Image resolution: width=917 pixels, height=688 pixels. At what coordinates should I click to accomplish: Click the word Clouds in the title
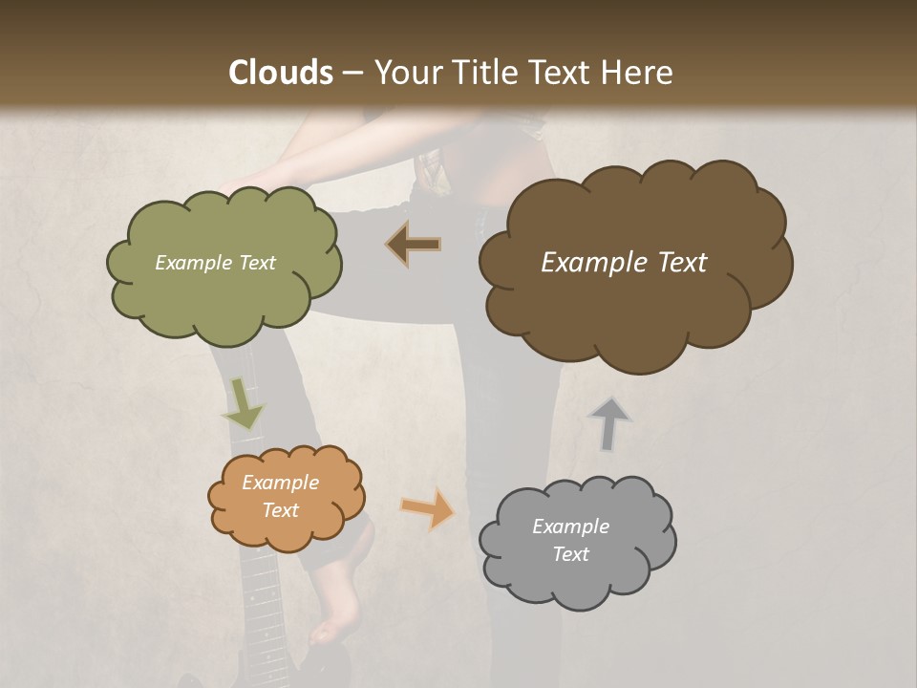click(281, 73)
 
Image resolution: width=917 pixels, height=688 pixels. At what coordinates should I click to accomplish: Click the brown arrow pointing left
click(414, 245)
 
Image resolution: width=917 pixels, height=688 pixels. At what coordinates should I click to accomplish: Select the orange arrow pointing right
click(428, 508)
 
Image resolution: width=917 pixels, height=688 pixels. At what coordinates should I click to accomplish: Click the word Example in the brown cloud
click(585, 263)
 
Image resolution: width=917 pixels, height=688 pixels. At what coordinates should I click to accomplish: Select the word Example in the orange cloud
click(280, 483)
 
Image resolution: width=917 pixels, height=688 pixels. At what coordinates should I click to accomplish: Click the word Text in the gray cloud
click(570, 554)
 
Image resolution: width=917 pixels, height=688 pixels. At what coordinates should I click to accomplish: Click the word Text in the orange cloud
click(280, 510)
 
